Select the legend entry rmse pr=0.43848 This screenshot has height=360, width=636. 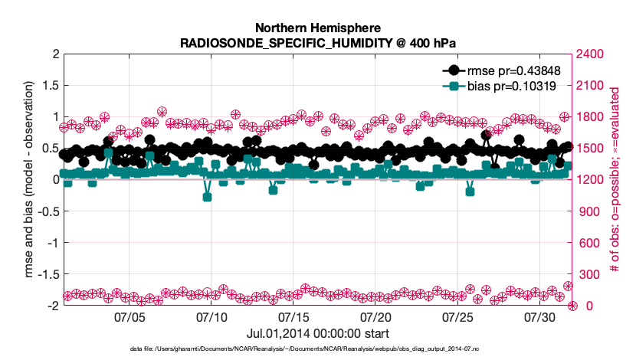(520, 70)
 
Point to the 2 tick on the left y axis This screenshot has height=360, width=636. (54, 54)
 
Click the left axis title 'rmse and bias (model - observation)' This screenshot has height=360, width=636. (29, 180)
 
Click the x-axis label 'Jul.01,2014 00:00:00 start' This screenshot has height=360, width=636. (317, 333)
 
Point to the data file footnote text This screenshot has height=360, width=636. (317, 349)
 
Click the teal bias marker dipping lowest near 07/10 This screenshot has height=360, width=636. (207, 197)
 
